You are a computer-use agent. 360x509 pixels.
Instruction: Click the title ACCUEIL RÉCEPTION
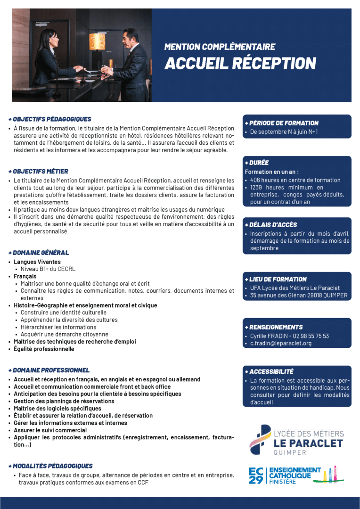(240, 63)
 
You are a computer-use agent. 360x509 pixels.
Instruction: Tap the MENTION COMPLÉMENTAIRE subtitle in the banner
(220, 47)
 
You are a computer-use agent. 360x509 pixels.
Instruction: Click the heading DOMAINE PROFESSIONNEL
(51, 370)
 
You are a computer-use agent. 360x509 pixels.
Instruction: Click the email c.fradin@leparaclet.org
(281, 344)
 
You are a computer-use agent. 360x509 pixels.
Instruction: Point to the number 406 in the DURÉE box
(255, 180)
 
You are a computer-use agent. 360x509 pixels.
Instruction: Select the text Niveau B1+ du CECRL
(48, 269)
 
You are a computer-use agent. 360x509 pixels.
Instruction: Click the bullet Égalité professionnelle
(44, 349)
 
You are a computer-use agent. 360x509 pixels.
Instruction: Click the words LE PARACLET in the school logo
(308, 443)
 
